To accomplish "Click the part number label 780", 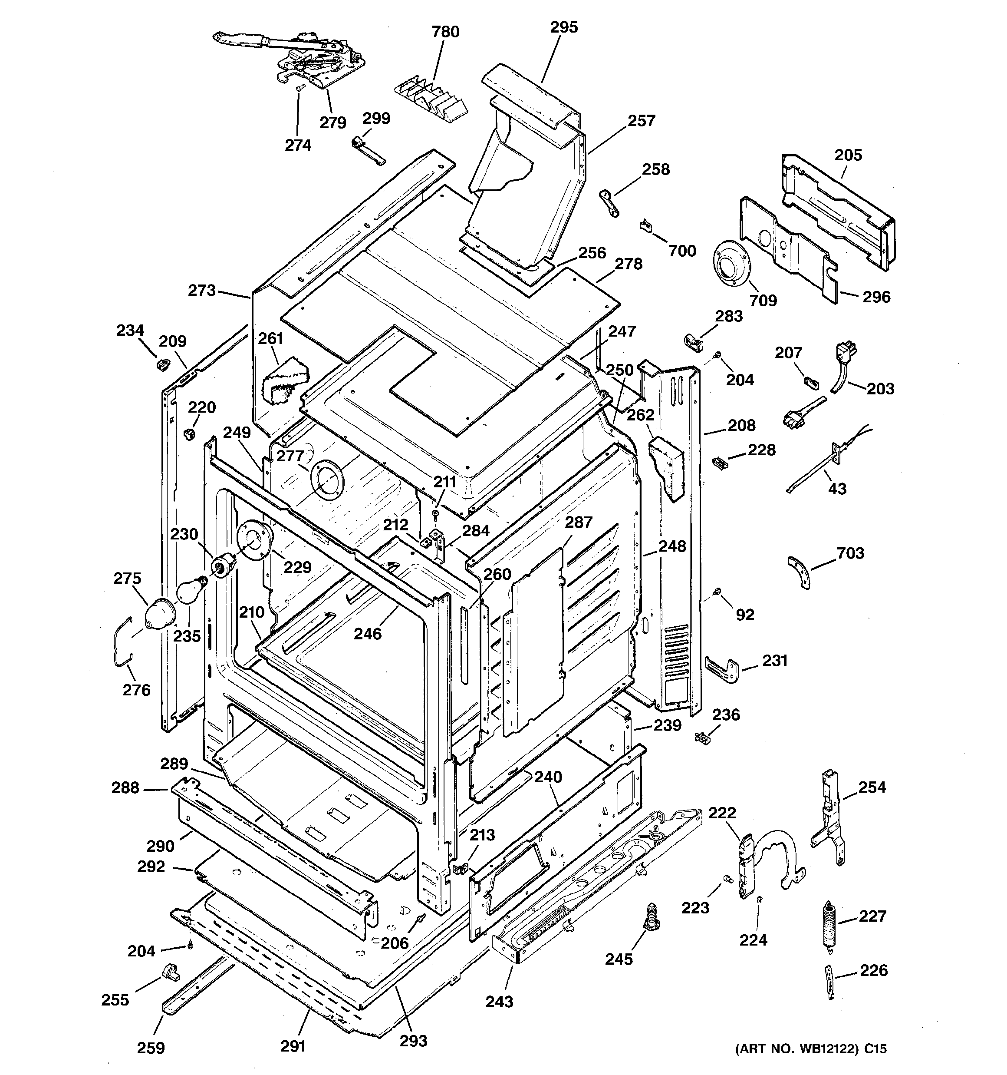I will pos(445,32).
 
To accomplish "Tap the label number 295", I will pos(564,27).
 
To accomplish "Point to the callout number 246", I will pos(368,633).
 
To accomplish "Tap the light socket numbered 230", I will pos(223,566).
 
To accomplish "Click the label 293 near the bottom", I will pos(414,1040).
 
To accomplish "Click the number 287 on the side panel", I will pos(578,523).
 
